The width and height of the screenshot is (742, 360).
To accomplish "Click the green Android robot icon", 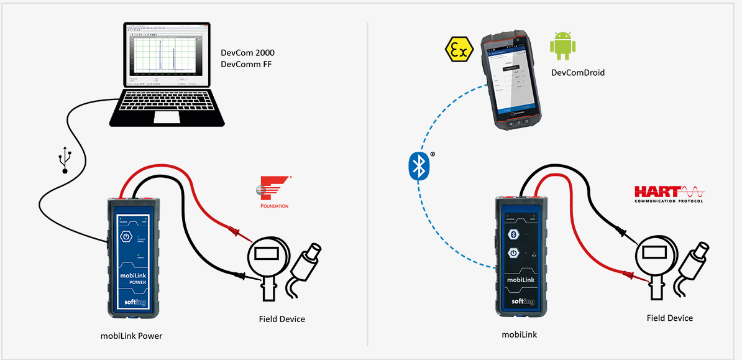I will pos(562,47).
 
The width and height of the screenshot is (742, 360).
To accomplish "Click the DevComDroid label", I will pos(578,73).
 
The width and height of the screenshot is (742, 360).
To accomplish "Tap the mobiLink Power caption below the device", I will pos(132,336).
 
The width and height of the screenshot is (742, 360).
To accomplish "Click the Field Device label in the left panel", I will pos(282,319).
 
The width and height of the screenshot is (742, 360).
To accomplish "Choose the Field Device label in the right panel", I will pos(669,318).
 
